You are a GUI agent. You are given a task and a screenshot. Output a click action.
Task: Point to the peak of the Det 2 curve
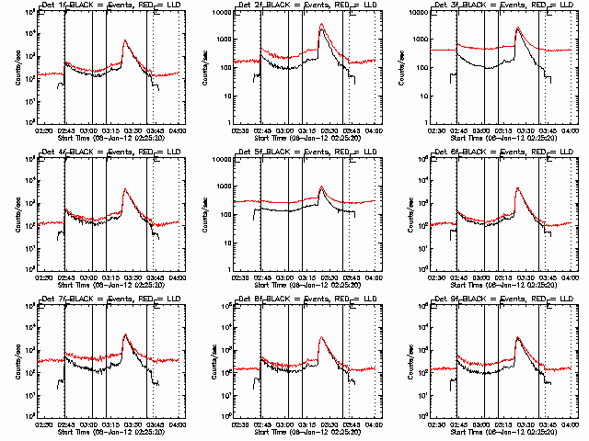click(321, 25)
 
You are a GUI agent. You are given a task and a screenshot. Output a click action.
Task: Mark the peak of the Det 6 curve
click(518, 188)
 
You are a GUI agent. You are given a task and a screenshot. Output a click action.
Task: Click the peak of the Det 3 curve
click(518, 28)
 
